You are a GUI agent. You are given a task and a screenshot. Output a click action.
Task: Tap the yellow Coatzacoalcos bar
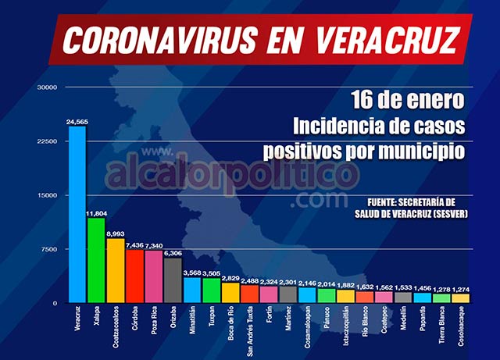(115, 270)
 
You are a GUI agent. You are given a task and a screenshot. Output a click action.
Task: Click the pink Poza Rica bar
(153, 276)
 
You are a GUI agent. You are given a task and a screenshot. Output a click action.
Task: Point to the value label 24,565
(78, 122)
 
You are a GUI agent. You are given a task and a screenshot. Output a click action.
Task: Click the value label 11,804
(96, 213)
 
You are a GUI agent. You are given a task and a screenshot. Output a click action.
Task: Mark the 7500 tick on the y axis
(48, 249)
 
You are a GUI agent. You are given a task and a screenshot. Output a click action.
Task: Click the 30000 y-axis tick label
(46, 87)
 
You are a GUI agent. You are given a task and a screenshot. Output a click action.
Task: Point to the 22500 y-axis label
(46, 141)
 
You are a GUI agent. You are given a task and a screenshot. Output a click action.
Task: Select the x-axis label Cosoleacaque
(461, 328)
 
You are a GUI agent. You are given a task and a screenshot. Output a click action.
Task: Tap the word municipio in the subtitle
(422, 148)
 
